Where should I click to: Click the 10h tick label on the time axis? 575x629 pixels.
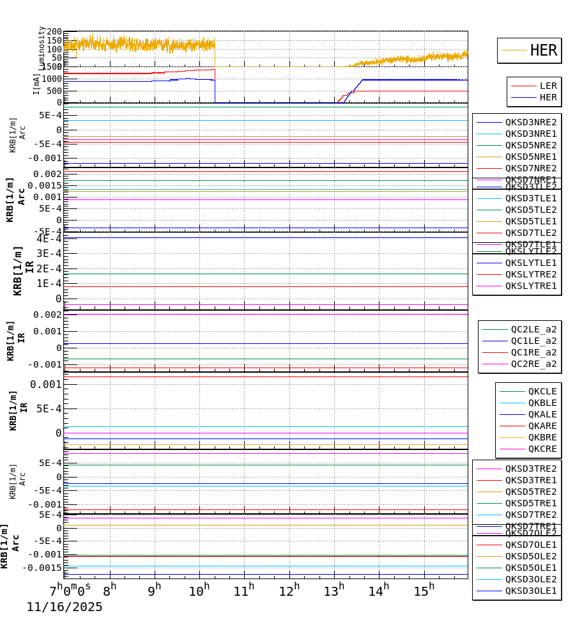pos(199,591)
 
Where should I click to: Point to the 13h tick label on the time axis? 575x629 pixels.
pos(333,591)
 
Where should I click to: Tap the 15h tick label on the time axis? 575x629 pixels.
pos(424,591)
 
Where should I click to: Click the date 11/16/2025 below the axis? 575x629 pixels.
pos(64,607)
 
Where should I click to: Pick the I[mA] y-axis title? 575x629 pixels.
pos(36,84)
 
